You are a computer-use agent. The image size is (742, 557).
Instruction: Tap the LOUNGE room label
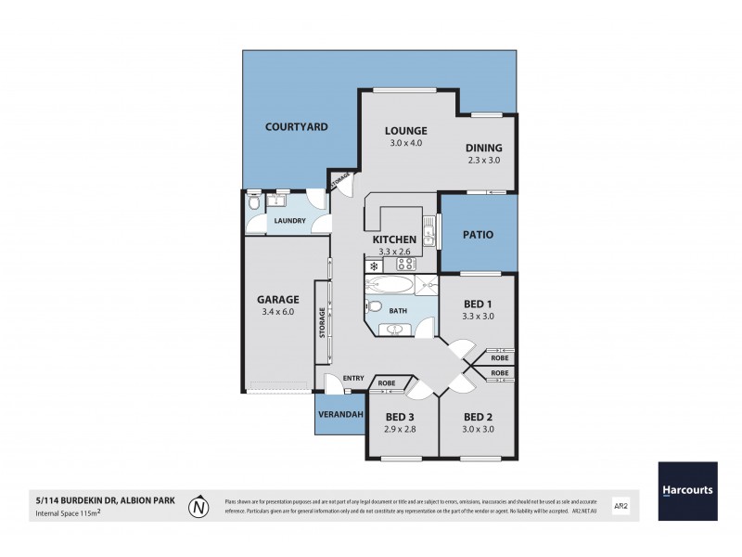405,130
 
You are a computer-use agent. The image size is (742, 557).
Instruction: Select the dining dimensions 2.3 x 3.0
484,160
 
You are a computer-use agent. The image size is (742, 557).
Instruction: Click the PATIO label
479,236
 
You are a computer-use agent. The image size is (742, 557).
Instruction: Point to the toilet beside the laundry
254,202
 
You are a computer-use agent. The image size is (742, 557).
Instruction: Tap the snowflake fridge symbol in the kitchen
373,266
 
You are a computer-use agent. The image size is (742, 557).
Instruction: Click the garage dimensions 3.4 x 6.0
278,312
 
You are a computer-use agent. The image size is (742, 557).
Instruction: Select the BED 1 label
478,303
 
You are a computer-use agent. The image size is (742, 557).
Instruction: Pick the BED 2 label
478,417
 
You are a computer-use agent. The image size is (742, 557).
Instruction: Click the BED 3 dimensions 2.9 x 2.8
401,430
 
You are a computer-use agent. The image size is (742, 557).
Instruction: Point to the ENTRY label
353,377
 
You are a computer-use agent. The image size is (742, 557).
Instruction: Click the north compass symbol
198,508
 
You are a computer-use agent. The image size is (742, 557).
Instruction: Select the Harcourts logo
687,490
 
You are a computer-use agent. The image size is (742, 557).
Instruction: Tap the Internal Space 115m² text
66,513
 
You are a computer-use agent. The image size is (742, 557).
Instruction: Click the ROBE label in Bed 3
387,382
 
